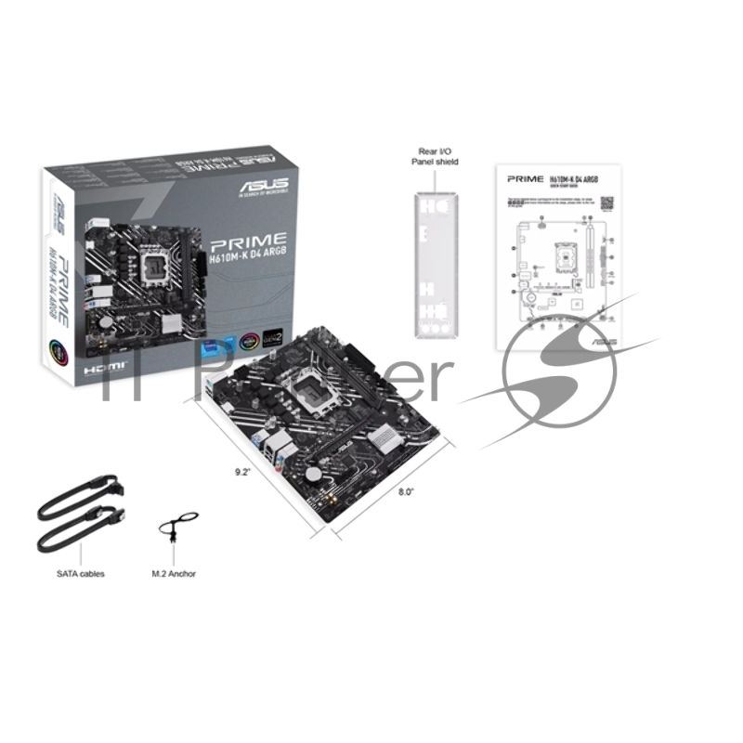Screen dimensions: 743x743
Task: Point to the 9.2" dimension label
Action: tap(243, 472)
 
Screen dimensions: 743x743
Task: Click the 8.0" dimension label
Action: tap(405, 491)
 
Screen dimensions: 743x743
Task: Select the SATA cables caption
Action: tap(81, 574)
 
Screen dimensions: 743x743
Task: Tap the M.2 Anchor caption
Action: tap(174, 574)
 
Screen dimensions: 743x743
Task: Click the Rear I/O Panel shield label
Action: tap(435, 156)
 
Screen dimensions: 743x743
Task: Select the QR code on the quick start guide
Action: tap(607, 202)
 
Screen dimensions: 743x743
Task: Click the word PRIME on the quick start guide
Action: tap(526, 176)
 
